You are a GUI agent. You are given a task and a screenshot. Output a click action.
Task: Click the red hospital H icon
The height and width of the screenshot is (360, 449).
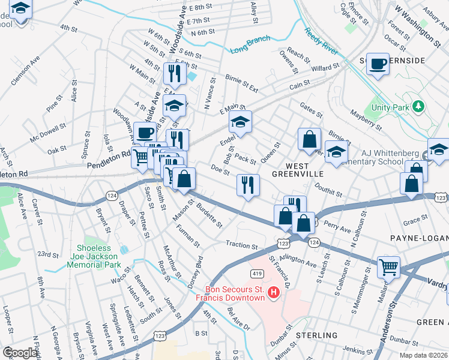(x=274, y=293)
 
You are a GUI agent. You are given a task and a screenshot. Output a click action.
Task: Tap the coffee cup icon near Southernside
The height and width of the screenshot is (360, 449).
(x=378, y=63)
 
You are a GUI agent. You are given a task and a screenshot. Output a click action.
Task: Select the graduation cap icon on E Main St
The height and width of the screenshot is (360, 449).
(x=240, y=123)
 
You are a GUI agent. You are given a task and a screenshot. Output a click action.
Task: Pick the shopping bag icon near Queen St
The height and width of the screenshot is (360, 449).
(x=309, y=139)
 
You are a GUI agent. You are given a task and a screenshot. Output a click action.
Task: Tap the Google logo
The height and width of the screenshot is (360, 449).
(x=20, y=353)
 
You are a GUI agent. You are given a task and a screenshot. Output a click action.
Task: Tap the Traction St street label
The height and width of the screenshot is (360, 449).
(x=241, y=245)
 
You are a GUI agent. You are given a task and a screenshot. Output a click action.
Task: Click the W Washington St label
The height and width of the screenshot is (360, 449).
(x=417, y=24)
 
